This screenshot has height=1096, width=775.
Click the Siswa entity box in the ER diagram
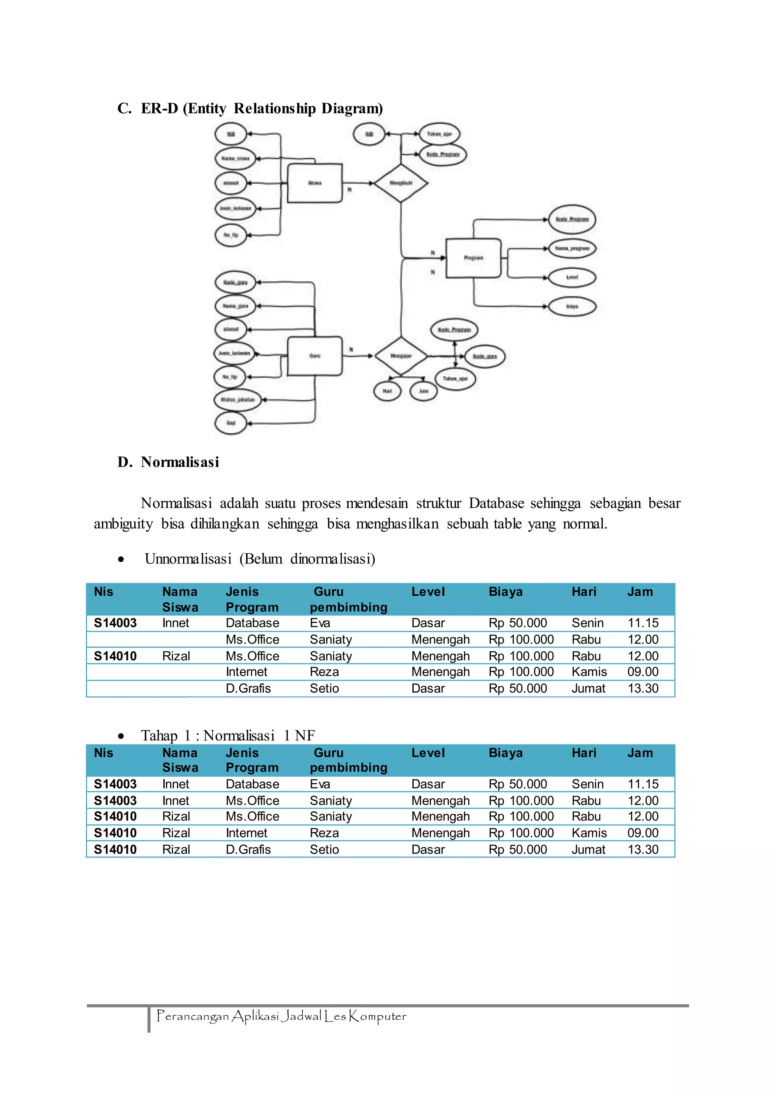coord(314,183)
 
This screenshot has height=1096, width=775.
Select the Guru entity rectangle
coord(314,356)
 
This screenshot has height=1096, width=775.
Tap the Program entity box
coord(473,258)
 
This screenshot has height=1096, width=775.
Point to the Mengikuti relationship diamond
coord(401,183)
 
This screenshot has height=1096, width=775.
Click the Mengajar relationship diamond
coord(401,356)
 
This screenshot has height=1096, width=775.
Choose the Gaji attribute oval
coord(231,423)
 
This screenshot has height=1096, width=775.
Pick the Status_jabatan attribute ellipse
coord(238,400)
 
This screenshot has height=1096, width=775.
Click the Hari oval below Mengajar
coord(387,391)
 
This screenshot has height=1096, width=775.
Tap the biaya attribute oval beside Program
coord(572,307)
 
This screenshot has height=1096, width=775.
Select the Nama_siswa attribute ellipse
coord(235,159)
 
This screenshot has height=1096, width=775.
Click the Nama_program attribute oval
coord(572,249)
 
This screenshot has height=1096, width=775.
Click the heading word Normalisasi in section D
coord(180,462)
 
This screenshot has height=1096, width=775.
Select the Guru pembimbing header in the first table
coord(349,599)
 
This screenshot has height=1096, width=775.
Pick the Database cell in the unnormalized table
coord(252,623)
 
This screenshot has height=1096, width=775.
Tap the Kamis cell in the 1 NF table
coord(589,833)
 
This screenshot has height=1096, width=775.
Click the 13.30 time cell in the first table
coord(643,688)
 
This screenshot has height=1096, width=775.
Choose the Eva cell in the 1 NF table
coord(320,784)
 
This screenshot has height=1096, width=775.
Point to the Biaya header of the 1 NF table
coord(505,753)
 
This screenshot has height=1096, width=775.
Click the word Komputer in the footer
coord(378,1016)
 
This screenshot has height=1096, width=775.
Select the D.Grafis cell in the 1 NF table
coord(248,850)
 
